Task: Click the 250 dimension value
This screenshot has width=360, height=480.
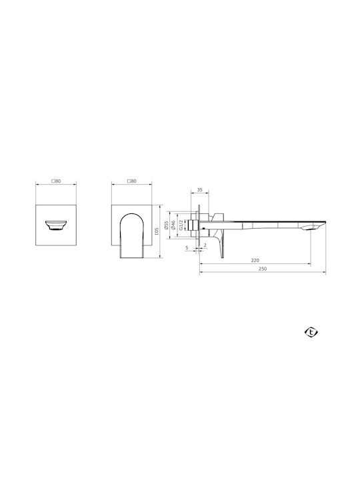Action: pos(263,269)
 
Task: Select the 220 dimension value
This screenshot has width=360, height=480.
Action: pos(255,260)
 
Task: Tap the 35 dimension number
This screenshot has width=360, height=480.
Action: pos(199,190)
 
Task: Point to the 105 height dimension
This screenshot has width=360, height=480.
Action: pos(157,231)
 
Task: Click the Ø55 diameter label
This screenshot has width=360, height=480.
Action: pos(166,225)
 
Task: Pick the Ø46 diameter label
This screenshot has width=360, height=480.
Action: pos(173,225)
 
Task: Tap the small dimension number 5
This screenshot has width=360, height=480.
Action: pos(187,247)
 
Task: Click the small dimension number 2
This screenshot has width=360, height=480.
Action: pos(205,245)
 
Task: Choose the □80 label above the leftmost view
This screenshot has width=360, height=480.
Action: pos(56,181)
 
